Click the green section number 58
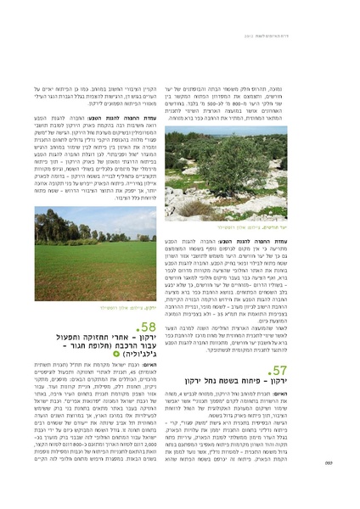click(x=146, y=327)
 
